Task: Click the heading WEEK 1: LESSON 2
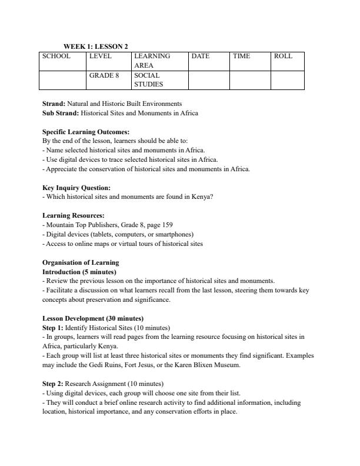95,46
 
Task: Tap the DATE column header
201,56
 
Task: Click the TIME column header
241,56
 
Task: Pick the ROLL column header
283,56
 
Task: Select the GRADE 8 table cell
104,76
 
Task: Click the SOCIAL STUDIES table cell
147,80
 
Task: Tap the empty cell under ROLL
287,80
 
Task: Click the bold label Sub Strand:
61,113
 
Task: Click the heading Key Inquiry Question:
76,188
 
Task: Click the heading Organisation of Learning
81,262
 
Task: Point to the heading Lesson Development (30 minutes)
93,318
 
